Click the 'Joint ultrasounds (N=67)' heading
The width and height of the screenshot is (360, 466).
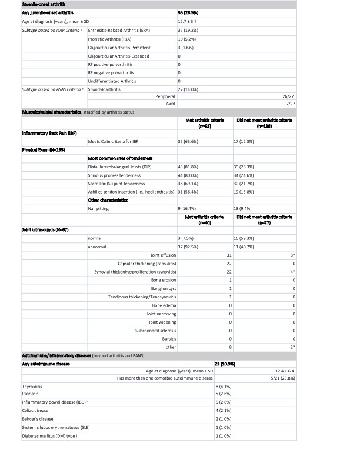tap(28, 229)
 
